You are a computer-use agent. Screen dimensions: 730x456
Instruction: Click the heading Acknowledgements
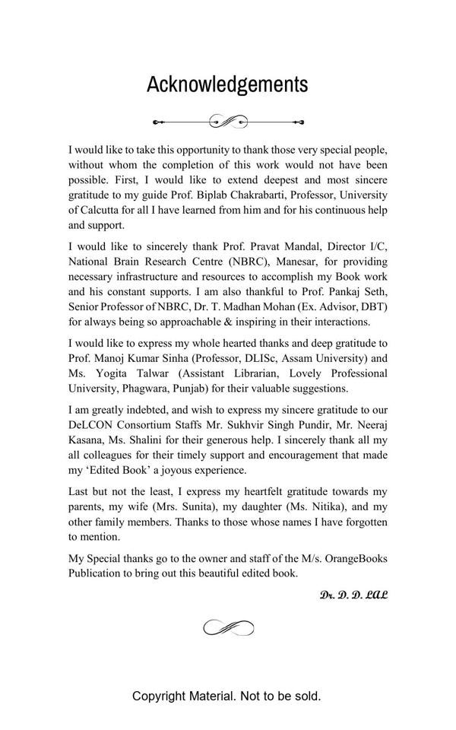tap(227, 84)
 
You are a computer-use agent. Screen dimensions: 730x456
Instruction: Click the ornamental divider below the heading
tap(228, 121)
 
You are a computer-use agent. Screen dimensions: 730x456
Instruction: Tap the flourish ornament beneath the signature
tap(228, 627)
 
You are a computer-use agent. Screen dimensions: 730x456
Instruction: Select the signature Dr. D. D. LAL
tap(353, 594)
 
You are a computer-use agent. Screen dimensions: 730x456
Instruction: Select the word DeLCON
tap(90, 425)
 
